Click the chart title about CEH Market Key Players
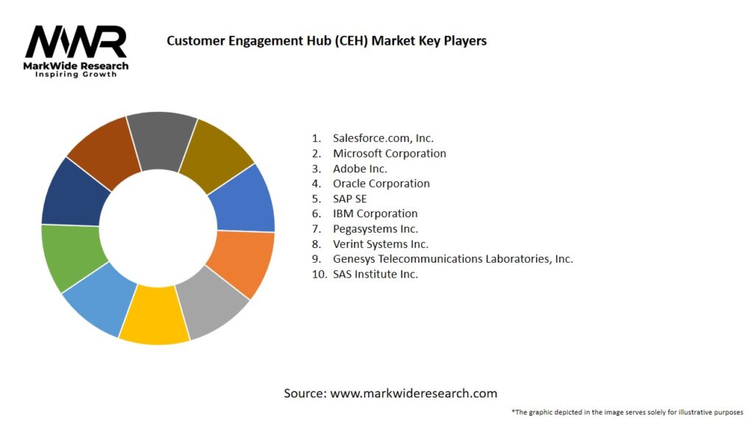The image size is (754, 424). pos(326,40)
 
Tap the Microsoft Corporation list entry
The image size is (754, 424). pos(390,153)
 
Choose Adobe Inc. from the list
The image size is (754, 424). pos(360,169)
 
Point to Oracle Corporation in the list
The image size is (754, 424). pos(381,183)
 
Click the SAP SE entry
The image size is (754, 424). pos(350,199)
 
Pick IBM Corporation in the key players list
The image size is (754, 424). pos(375,213)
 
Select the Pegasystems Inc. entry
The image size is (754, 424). pos(376,229)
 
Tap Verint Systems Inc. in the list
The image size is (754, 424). pos(381,244)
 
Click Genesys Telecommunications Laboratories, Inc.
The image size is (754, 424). pos(453,259)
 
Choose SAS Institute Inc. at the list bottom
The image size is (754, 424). pos(376,274)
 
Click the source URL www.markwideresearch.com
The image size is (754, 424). pos(414,393)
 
